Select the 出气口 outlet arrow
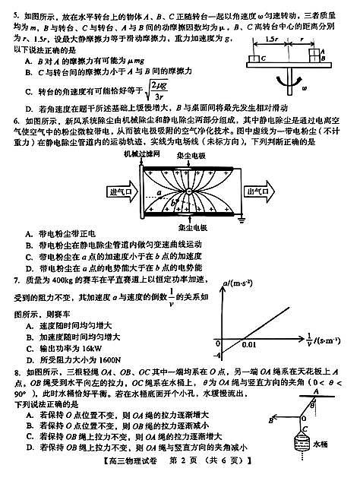pyautogui.click(x=263, y=191)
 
